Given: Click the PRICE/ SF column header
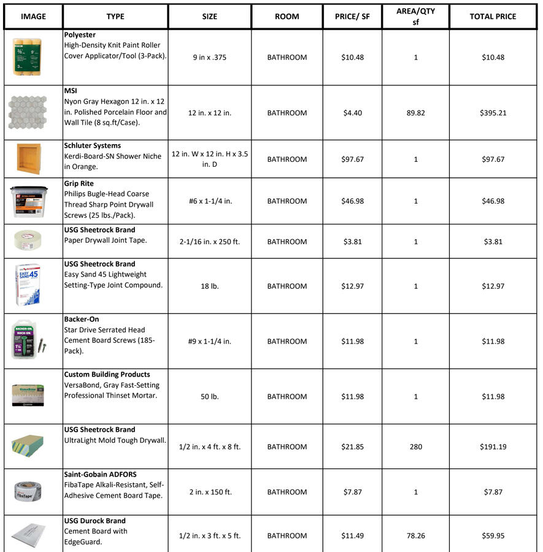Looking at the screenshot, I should click(x=352, y=17).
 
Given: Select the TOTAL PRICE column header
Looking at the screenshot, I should click(x=493, y=17).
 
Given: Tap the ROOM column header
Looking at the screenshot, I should click(x=287, y=17).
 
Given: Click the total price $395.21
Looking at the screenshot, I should click(x=493, y=113).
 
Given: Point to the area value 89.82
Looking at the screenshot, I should click(x=415, y=113).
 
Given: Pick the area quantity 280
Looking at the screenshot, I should click(x=415, y=447).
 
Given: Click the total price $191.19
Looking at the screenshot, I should click(x=493, y=447).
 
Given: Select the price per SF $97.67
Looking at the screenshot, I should click(x=352, y=159).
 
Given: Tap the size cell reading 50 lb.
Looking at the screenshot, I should click(x=209, y=397).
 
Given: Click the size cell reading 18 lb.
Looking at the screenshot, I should click(x=209, y=286).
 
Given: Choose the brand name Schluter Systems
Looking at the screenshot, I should click(x=92, y=146).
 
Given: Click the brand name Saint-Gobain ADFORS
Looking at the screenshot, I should click(x=100, y=474).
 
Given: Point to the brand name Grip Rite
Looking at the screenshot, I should click(x=79, y=183).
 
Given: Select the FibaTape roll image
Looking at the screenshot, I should click(x=28, y=491).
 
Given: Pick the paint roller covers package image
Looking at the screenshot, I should click(x=28, y=57).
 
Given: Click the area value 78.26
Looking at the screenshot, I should click(x=415, y=535).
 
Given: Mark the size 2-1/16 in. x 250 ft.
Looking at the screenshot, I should click(x=209, y=242).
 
